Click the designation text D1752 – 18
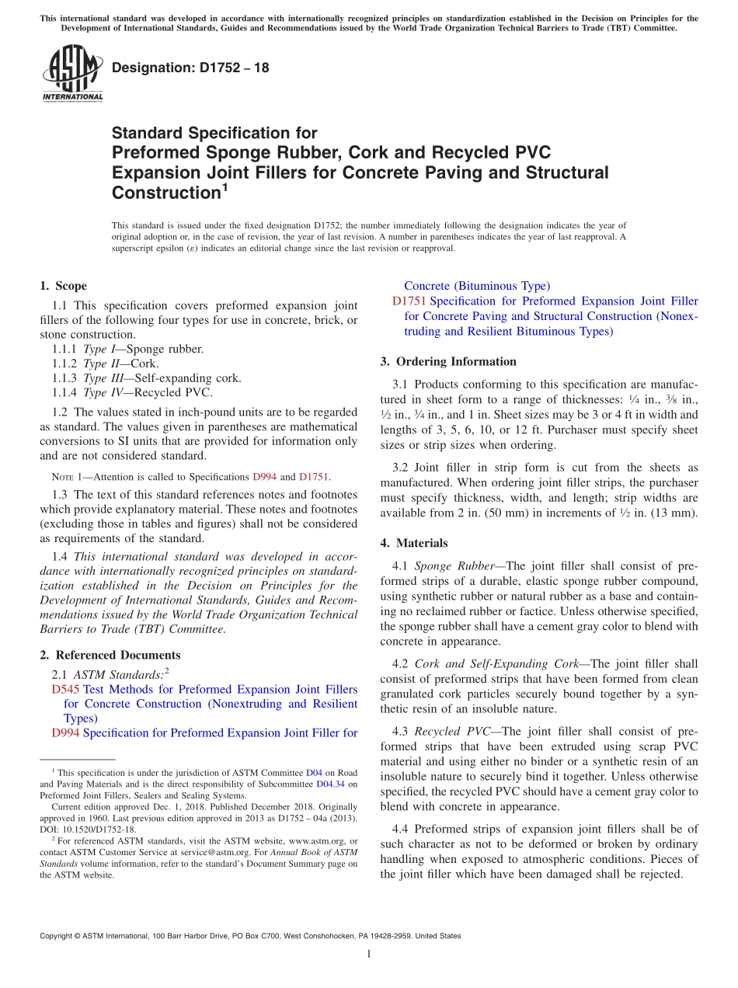pos(190,68)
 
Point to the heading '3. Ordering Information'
pos(448,361)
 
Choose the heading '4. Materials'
pos(414,543)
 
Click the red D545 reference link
pos(66,689)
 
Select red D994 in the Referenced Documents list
pos(66,732)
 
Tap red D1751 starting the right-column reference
pos(409,301)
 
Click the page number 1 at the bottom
pos(369,954)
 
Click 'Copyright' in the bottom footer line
pos(58,936)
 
